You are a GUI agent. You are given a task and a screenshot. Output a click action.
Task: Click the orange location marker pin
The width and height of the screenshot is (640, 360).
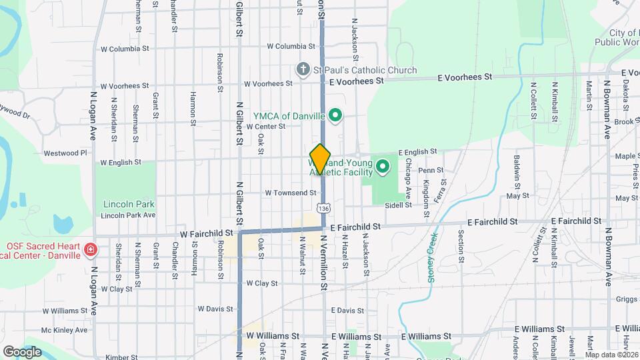click(x=321, y=159)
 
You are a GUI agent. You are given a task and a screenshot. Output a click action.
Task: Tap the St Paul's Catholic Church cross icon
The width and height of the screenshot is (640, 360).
click(x=303, y=70)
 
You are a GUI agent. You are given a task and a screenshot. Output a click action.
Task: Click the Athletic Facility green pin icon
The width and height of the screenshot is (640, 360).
click(x=383, y=166)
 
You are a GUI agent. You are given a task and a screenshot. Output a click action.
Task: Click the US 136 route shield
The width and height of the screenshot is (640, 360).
click(x=323, y=209)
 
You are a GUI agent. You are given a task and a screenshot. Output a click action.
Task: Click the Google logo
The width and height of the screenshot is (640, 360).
click(x=22, y=351)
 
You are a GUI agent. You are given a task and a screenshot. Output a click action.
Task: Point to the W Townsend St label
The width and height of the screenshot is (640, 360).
click(x=290, y=193)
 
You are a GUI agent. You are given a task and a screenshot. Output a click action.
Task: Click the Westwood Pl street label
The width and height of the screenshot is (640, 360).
click(x=65, y=153)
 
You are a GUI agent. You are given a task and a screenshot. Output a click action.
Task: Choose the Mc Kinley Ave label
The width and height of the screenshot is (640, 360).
click(x=64, y=330)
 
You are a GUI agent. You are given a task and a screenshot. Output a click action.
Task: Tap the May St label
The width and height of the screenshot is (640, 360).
click(x=517, y=196)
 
